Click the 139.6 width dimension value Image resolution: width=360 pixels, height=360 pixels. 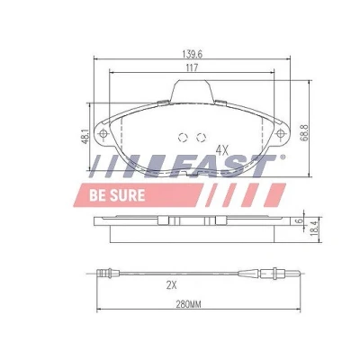[x=193, y=54]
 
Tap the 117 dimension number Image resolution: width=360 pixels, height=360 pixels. [x=192, y=67]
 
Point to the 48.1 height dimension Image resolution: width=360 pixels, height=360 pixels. [x=85, y=137]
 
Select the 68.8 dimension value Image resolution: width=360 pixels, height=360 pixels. [x=305, y=133]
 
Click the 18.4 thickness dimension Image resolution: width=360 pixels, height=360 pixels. [x=314, y=229]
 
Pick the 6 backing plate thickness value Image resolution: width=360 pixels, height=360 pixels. [x=298, y=221]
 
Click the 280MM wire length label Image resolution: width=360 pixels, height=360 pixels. [x=188, y=305]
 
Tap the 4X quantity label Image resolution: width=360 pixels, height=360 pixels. [x=222, y=150]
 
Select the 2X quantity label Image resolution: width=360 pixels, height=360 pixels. [x=171, y=285]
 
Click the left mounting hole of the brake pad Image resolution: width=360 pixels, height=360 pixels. [x=103, y=133]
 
